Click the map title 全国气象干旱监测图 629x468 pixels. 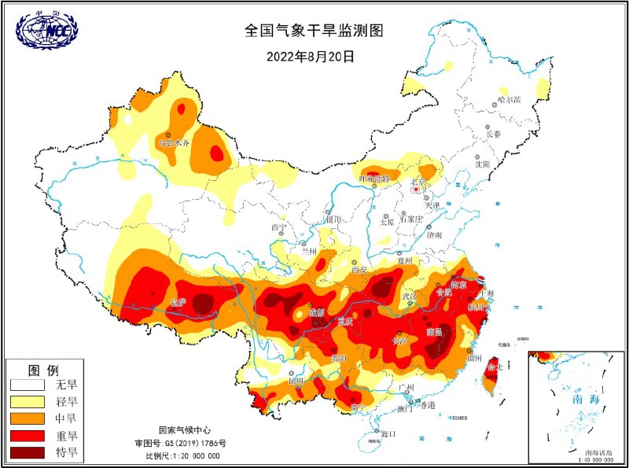pyautogui.click(x=314, y=31)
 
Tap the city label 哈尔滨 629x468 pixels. pyautogui.click(x=509, y=100)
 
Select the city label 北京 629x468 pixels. pyautogui.click(x=417, y=182)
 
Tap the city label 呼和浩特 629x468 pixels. pyautogui.click(x=374, y=179)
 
